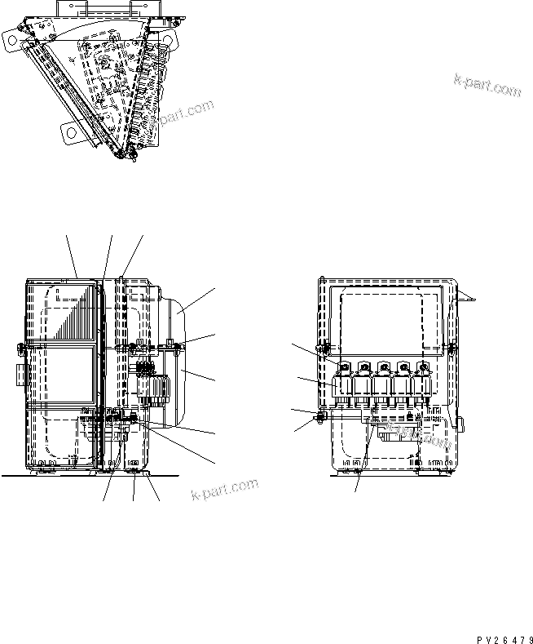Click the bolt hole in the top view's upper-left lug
(11, 38)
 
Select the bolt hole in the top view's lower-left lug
(68, 130)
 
